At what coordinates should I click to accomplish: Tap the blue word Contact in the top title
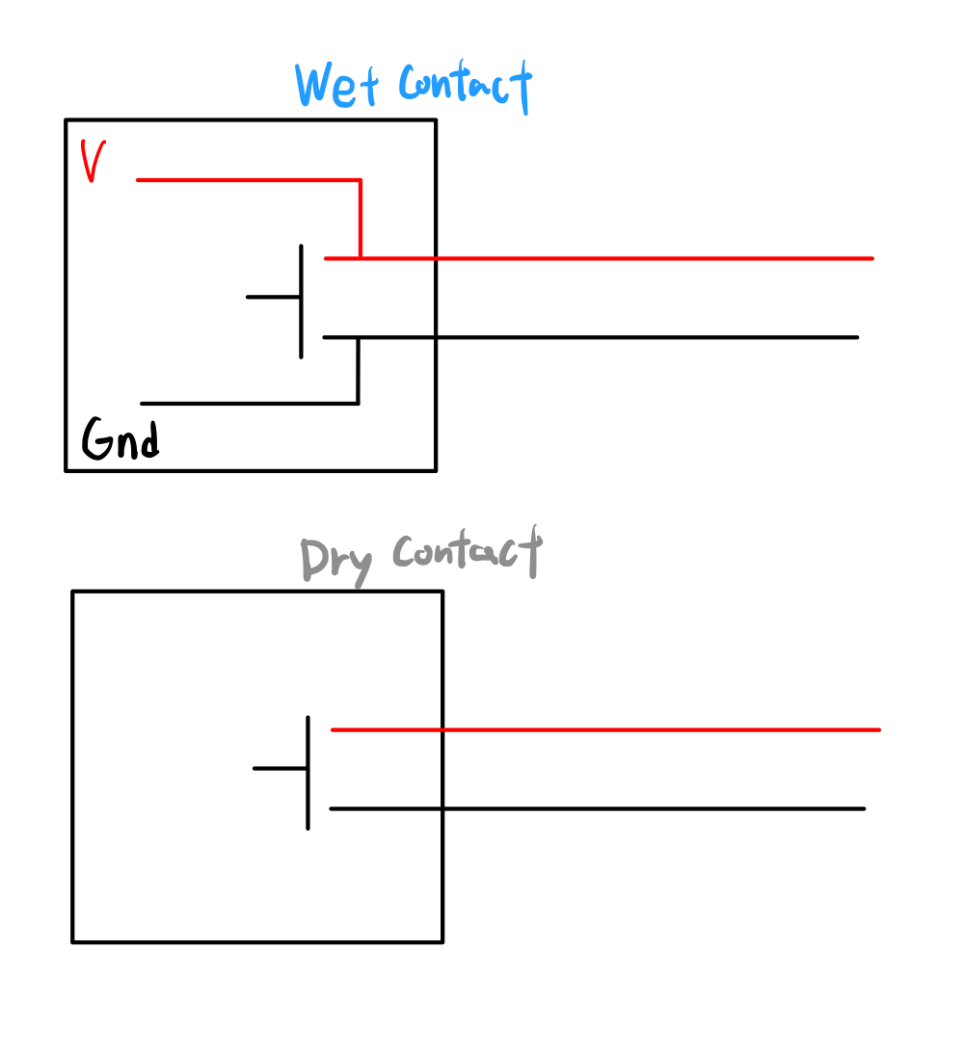465,85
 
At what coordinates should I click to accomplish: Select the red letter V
93,161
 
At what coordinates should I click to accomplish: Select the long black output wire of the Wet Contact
627,337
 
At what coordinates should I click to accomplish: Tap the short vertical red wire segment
360,219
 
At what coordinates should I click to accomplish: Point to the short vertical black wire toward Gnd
358,371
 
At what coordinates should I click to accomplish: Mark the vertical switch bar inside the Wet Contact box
301,302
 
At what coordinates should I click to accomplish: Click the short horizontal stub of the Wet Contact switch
273,297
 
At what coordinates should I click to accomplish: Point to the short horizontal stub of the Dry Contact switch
280,768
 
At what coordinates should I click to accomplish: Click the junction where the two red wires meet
360,258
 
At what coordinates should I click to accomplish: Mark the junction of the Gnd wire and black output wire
358,337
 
